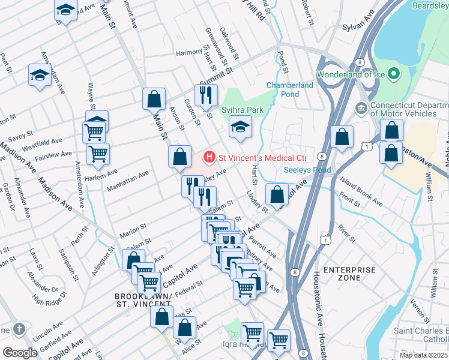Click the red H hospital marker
pos(209,158)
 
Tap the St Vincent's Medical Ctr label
pos(262,158)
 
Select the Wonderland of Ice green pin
pos(394,74)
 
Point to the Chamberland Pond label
pos(290,90)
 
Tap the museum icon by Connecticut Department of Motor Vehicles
pos(361,108)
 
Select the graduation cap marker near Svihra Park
pos(240,127)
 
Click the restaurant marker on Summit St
pos(206,95)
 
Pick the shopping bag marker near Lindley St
pos(277,194)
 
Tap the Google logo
pos(20,353)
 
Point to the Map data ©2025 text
pos(423,355)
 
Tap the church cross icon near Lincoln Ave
pos(19,329)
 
